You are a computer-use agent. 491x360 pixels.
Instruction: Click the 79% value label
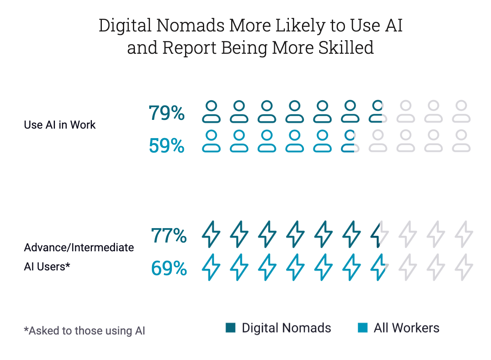(167, 113)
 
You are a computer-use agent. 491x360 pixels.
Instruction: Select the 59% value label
(167, 146)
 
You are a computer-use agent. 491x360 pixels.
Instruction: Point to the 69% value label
(169, 268)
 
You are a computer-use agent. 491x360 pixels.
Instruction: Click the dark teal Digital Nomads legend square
(230, 328)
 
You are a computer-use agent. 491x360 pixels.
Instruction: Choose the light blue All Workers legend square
(362, 328)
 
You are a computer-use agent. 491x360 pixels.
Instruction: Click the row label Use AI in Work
(60, 125)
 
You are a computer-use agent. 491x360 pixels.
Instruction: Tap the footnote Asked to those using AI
(84, 331)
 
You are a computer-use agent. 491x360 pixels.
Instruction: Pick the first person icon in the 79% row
(211, 112)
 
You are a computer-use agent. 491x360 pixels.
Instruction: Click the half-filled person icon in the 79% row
(376, 112)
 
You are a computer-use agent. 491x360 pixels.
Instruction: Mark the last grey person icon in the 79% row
(461, 112)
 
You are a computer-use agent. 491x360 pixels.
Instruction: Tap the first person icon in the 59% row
(211, 141)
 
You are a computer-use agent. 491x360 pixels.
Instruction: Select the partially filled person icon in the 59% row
(349, 141)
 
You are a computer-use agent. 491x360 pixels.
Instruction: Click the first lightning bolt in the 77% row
(211, 234)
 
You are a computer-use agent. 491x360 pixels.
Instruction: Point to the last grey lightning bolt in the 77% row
(464, 234)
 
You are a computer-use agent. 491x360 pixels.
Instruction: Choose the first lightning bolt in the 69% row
(211, 267)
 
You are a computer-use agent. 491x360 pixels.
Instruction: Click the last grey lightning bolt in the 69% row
(464, 267)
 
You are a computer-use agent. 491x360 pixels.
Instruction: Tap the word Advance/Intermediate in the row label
(79, 248)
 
